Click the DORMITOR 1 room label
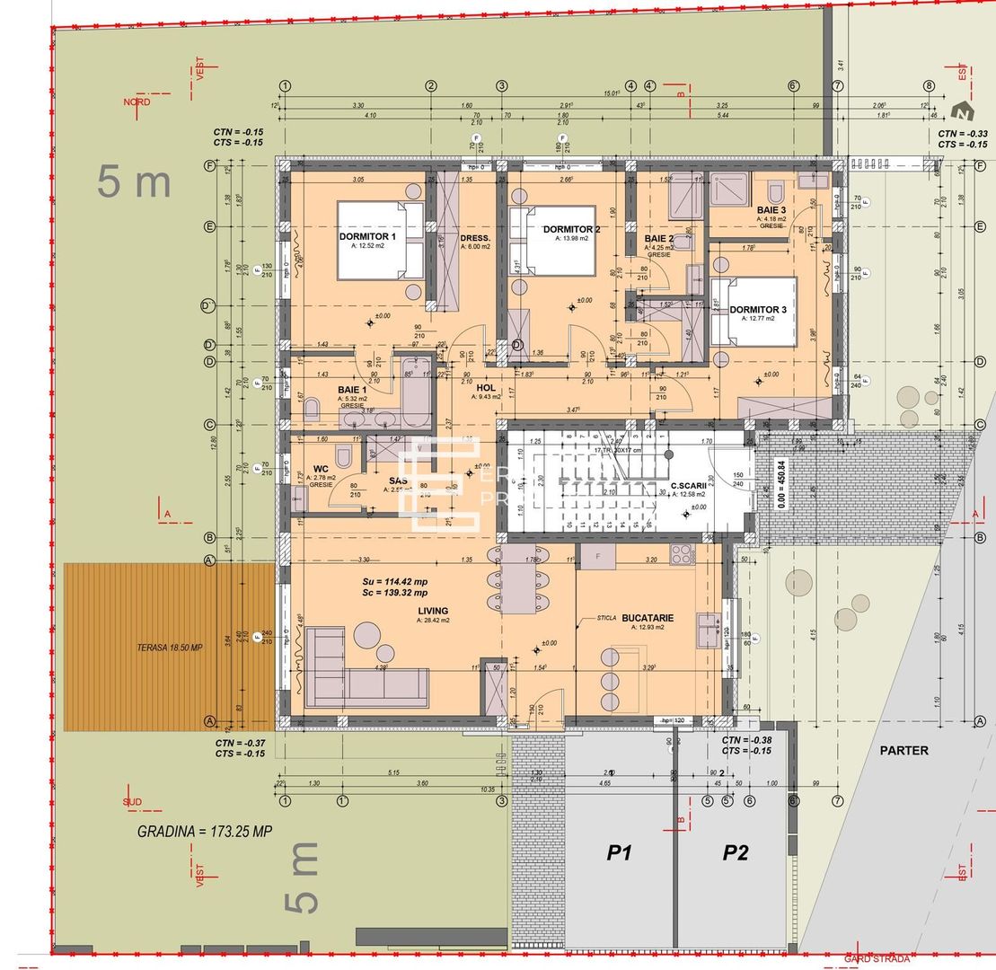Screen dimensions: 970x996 tap(368, 236)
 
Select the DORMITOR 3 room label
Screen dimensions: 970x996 tap(757, 310)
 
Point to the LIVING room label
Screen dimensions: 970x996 tap(433, 611)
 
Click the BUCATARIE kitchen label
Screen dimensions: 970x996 tap(647, 618)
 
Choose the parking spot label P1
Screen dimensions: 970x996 tap(617, 853)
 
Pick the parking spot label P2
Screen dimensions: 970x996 tap(736, 853)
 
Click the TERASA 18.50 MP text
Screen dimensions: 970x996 tap(170, 648)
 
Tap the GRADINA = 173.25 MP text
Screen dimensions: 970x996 tap(204, 832)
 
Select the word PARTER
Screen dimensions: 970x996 tap(903, 750)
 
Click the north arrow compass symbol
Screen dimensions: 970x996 tap(962, 112)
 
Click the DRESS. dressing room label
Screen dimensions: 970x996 tap(475, 239)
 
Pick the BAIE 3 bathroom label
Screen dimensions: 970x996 tap(771, 209)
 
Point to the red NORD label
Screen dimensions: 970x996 tap(137, 102)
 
